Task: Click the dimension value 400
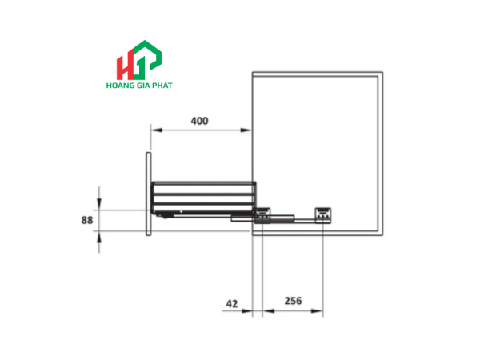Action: click(199, 121)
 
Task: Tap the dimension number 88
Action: click(87, 220)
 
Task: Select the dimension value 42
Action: click(232, 304)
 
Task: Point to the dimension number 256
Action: click(293, 301)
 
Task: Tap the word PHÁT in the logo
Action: click(162, 86)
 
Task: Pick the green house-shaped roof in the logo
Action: click(146, 54)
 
